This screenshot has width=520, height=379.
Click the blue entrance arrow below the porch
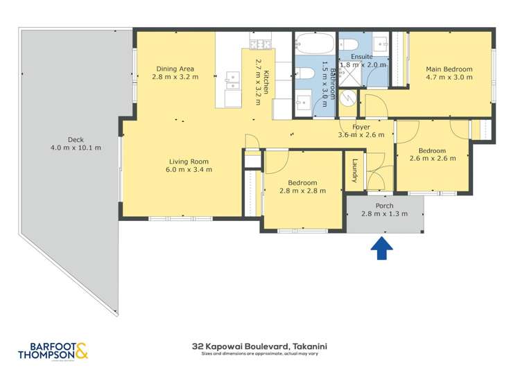pyautogui.click(x=382, y=248)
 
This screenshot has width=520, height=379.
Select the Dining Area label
pyautogui.click(x=175, y=68)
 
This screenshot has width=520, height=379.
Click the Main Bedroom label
pyautogui.click(x=449, y=69)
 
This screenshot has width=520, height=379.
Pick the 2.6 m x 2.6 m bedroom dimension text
pyautogui.click(x=433, y=159)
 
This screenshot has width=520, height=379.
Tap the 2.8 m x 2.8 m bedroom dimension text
pyautogui.click(x=302, y=191)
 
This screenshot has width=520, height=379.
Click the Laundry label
pyautogui.click(x=354, y=171)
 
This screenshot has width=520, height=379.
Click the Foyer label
pyautogui.click(x=361, y=127)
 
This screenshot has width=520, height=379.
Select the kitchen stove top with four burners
pyautogui.click(x=261, y=44)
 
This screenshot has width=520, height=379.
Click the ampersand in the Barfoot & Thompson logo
pyautogui.click(x=82, y=352)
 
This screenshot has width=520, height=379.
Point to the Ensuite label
pyautogui.click(x=361, y=56)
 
